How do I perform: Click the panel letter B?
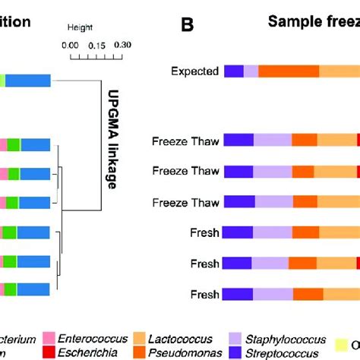[188, 25]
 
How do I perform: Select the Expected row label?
[195, 72]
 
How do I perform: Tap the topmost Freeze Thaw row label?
[186, 141]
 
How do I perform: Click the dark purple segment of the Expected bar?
[234, 71]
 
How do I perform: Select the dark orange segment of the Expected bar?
[289, 71]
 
